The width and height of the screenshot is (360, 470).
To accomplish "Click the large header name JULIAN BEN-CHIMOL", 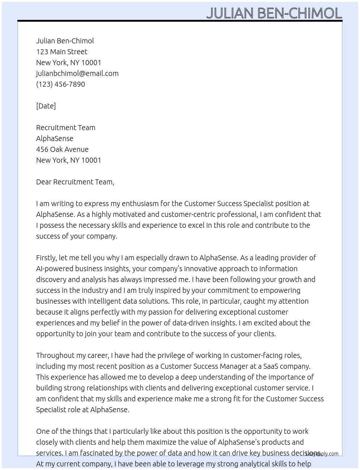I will click(274, 13).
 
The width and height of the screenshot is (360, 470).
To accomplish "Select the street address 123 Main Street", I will click(61, 52).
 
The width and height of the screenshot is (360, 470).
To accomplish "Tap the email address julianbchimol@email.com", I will click(77, 73).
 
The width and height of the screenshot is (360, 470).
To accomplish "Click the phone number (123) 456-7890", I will click(60, 84).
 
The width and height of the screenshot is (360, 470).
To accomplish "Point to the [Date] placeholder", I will click(46, 106).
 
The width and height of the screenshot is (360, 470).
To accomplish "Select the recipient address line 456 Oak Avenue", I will click(62, 149).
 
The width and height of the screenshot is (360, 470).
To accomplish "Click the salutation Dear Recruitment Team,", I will click(75, 182).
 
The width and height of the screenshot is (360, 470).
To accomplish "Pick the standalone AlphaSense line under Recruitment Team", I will click(55, 138).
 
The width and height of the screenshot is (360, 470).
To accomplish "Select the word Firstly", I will click(46, 258).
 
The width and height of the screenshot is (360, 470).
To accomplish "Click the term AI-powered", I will click(52, 269).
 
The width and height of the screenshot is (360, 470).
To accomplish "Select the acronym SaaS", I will click(271, 366).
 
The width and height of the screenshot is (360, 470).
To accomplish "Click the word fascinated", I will click(90, 453).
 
